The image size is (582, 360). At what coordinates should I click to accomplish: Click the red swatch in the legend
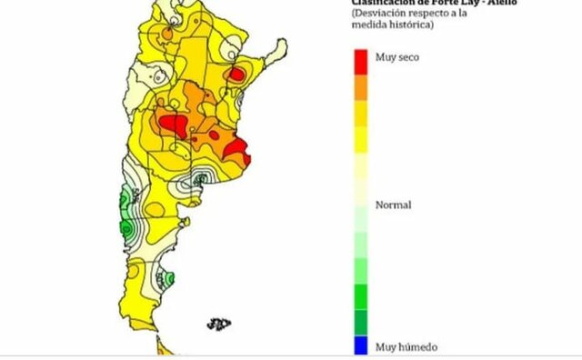[x=361, y=58]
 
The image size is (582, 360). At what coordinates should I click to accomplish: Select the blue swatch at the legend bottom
[x=361, y=345]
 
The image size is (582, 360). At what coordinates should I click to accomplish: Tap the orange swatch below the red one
[x=361, y=85]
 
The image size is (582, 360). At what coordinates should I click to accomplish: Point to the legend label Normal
[x=394, y=205]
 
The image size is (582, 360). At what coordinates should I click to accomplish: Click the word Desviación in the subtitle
[x=382, y=14]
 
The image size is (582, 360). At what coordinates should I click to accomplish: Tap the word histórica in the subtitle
[x=410, y=25]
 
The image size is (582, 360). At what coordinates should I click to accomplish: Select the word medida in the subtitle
[x=369, y=25]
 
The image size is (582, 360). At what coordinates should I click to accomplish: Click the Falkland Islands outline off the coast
[x=218, y=323]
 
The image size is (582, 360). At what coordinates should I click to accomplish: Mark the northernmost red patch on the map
[x=236, y=74]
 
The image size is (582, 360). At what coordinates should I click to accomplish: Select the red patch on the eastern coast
[x=238, y=147]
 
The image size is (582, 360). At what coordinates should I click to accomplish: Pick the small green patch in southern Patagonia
[x=168, y=278]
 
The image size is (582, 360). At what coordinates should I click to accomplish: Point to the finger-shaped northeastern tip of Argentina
[x=269, y=56]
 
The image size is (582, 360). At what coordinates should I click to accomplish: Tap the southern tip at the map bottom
[x=162, y=346]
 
